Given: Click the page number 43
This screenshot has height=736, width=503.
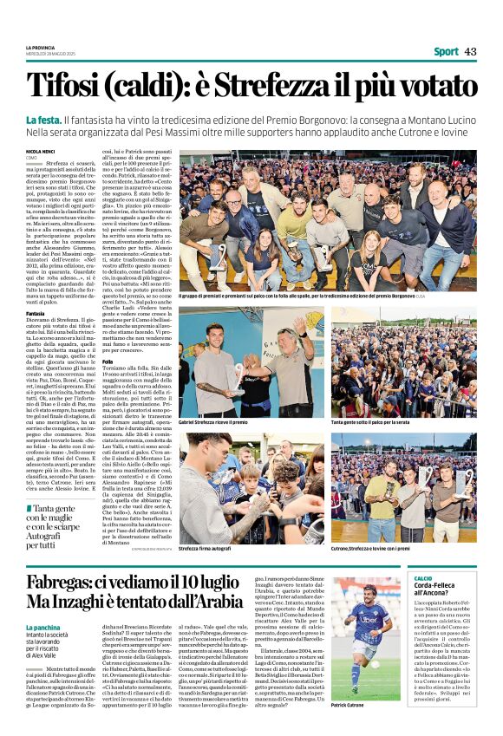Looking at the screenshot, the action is click(471, 52).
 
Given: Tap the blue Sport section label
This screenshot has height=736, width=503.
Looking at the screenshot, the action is click(446, 52).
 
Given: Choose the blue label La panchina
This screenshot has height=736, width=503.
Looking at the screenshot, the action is click(45, 627).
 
